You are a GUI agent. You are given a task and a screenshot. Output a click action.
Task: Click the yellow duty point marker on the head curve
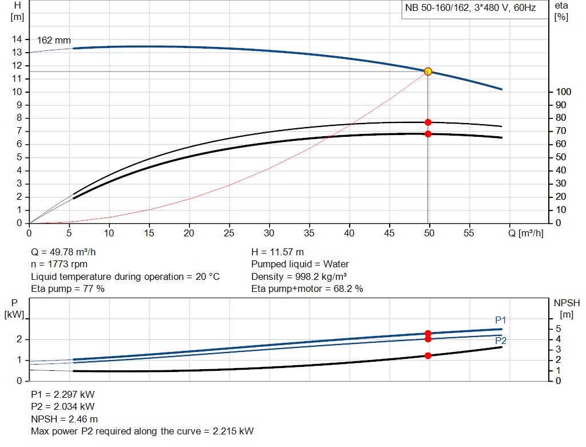428,72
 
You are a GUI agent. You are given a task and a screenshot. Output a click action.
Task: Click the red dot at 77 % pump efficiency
428,122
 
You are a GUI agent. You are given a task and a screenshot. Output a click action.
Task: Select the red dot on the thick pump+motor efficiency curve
428,134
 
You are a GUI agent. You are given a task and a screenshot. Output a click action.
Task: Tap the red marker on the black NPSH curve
428,355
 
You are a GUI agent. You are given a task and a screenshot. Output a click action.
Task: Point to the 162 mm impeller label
54,41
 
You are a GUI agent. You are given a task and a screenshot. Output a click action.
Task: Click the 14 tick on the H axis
18,39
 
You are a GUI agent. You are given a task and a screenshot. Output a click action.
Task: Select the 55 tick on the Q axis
469,234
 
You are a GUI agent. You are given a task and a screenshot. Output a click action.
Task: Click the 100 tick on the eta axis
564,92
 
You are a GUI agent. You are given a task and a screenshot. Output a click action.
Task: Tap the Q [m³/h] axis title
525,234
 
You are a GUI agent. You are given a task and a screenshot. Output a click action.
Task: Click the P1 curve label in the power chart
501,320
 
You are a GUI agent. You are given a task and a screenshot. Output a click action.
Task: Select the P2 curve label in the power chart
501,341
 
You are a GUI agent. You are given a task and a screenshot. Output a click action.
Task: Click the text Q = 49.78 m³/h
68,252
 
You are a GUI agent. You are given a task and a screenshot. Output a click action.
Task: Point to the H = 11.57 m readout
278,252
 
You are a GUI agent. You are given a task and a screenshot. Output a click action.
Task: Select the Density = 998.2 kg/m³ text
298,276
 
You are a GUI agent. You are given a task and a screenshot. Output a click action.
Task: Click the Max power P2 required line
142,431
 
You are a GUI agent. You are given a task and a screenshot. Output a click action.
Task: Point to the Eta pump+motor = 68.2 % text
307,289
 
